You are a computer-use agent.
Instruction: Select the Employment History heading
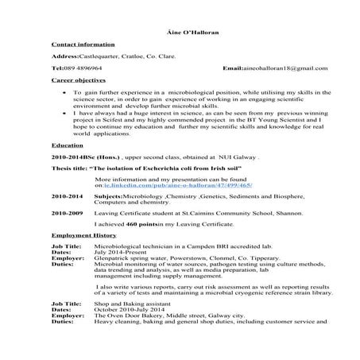coord(83,258)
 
